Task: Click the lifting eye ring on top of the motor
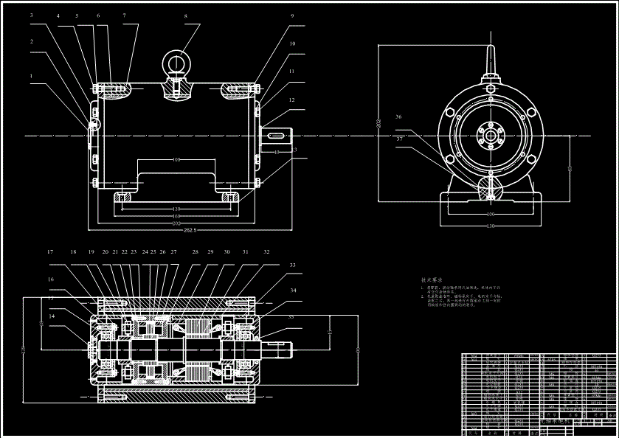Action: pos(176,61)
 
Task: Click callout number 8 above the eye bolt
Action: pos(185,15)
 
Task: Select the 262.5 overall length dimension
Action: pos(190,230)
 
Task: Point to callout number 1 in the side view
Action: pos(32,75)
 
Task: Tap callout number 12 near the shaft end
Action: pos(291,100)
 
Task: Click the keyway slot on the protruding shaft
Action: pos(277,136)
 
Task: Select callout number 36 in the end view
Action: pos(398,117)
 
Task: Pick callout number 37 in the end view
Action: pos(398,138)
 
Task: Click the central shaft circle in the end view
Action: pos(491,136)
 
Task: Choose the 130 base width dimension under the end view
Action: pos(490,225)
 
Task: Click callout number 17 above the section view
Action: pos(50,252)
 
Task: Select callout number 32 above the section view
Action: pos(266,252)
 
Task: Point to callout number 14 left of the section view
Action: pos(52,316)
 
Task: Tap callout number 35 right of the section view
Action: pos(291,316)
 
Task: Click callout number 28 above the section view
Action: pos(196,252)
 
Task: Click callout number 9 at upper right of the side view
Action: pos(291,15)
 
